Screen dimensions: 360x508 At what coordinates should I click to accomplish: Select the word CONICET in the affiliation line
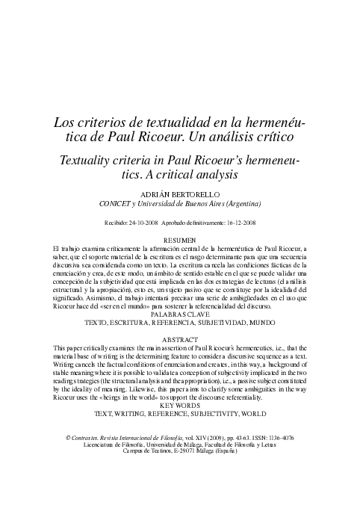point(116,203)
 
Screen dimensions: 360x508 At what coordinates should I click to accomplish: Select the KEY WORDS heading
point(179,406)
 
